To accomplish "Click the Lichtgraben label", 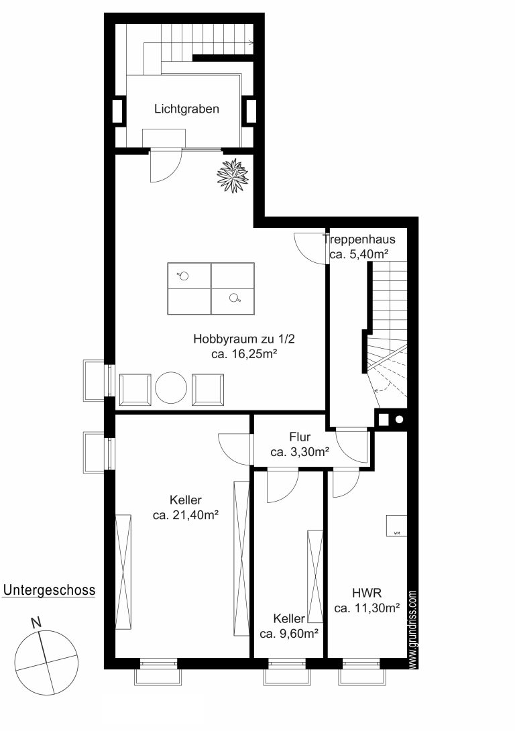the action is [x=186, y=109].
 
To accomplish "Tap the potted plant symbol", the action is [x=233, y=175].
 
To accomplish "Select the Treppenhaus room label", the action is [x=359, y=239].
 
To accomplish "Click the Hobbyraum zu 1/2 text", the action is [x=244, y=339].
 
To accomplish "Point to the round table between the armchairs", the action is [x=171, y=388].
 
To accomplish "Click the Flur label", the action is [x=300, y=437].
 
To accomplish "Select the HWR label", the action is [x=367, y=594].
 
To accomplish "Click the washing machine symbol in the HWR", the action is [x=396, y=525].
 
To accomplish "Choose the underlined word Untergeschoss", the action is [x=49, y=590].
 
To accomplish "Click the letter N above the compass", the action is [x=36, y=623].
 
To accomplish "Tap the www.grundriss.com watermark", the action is [x=412, y=630].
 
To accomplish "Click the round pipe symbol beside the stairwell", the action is [x=399, y=420].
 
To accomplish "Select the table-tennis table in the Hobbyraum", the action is [x=211, y=288].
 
